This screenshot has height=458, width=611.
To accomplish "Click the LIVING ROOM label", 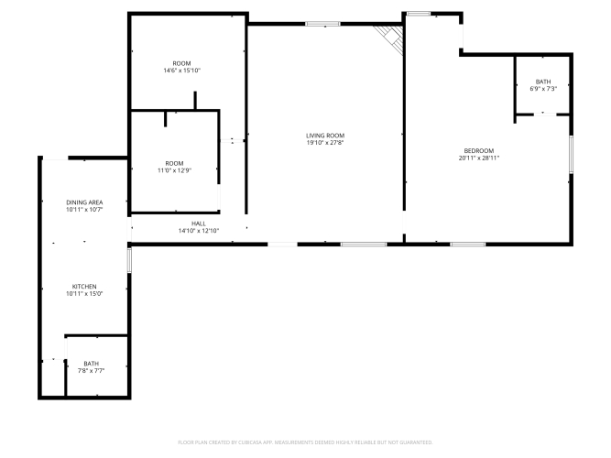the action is click(325, 136).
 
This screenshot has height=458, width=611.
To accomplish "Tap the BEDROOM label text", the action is click(479, 151).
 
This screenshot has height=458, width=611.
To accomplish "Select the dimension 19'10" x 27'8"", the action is click(325, 143).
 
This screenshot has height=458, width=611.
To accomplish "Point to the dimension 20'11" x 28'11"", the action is click(479, 158).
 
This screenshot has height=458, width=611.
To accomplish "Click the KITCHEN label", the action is click(84, 287).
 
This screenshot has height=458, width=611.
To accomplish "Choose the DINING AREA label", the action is click(84, 202).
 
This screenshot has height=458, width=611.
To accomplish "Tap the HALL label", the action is click(199, 224).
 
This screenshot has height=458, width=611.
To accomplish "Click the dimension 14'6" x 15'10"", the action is click(182, 71).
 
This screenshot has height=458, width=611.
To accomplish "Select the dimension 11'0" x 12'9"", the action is click(174, 170).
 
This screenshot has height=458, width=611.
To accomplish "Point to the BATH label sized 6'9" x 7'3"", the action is click(543, 82).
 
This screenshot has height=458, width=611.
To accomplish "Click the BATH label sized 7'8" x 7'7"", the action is click(92, 364).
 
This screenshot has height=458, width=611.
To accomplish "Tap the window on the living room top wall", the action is click(322, 24).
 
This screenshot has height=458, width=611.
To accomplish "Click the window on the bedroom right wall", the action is click(572, 155).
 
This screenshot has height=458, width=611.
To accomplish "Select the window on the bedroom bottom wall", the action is click(468, 245).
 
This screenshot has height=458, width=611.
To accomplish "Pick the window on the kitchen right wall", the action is click(129, 260).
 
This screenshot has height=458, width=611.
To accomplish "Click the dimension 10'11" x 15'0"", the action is click(84, 294).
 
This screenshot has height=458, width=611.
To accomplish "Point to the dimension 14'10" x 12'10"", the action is click(199, 231).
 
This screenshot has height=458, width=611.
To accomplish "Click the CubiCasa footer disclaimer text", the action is click(305, 442).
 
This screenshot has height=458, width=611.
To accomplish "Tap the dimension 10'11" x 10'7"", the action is click(84, 210).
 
